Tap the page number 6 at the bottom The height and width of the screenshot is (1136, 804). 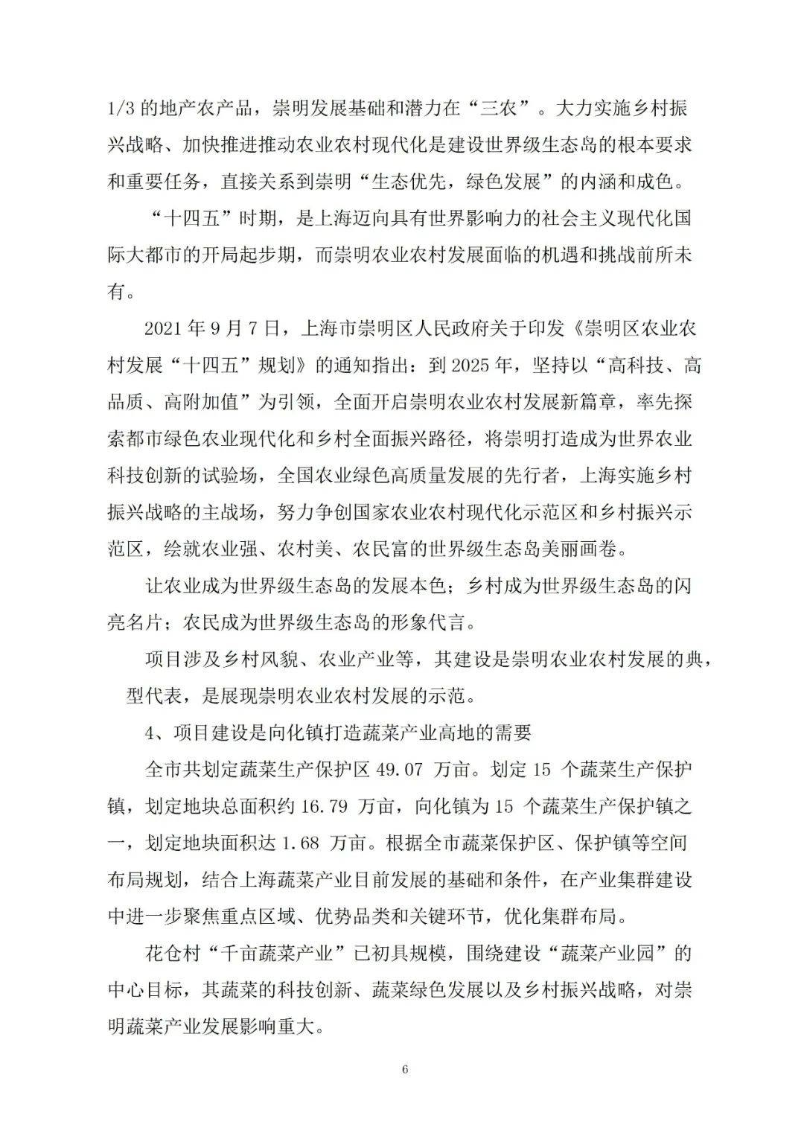[405, 1070]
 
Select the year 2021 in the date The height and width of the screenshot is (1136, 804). [162, 328]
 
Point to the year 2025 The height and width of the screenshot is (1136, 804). [471, 365]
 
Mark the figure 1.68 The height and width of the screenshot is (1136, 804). [301, 843]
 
